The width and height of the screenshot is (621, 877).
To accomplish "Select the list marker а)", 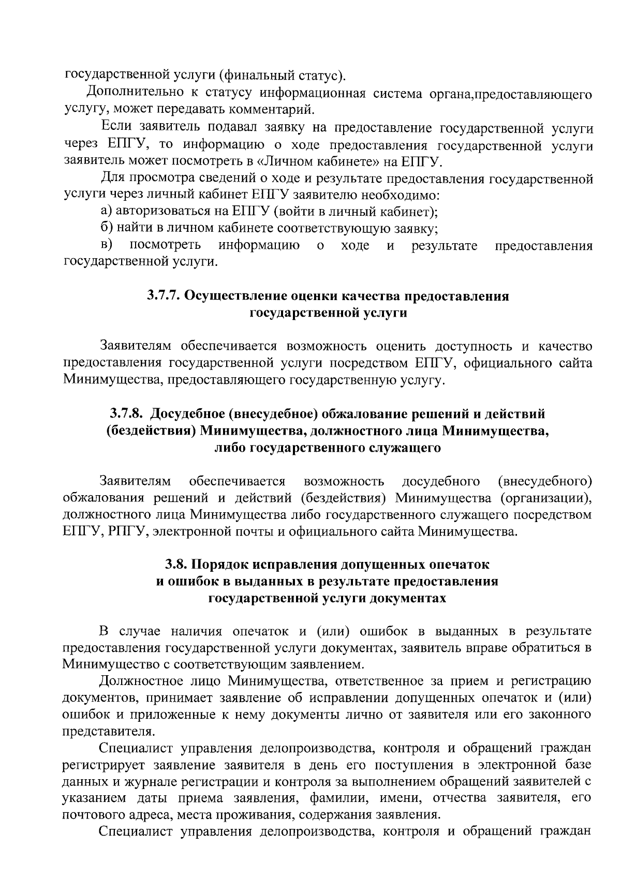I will pos(106,212).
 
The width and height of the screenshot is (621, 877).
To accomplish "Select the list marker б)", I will pos(107,228).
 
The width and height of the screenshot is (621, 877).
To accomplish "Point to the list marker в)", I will pos(107,245).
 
